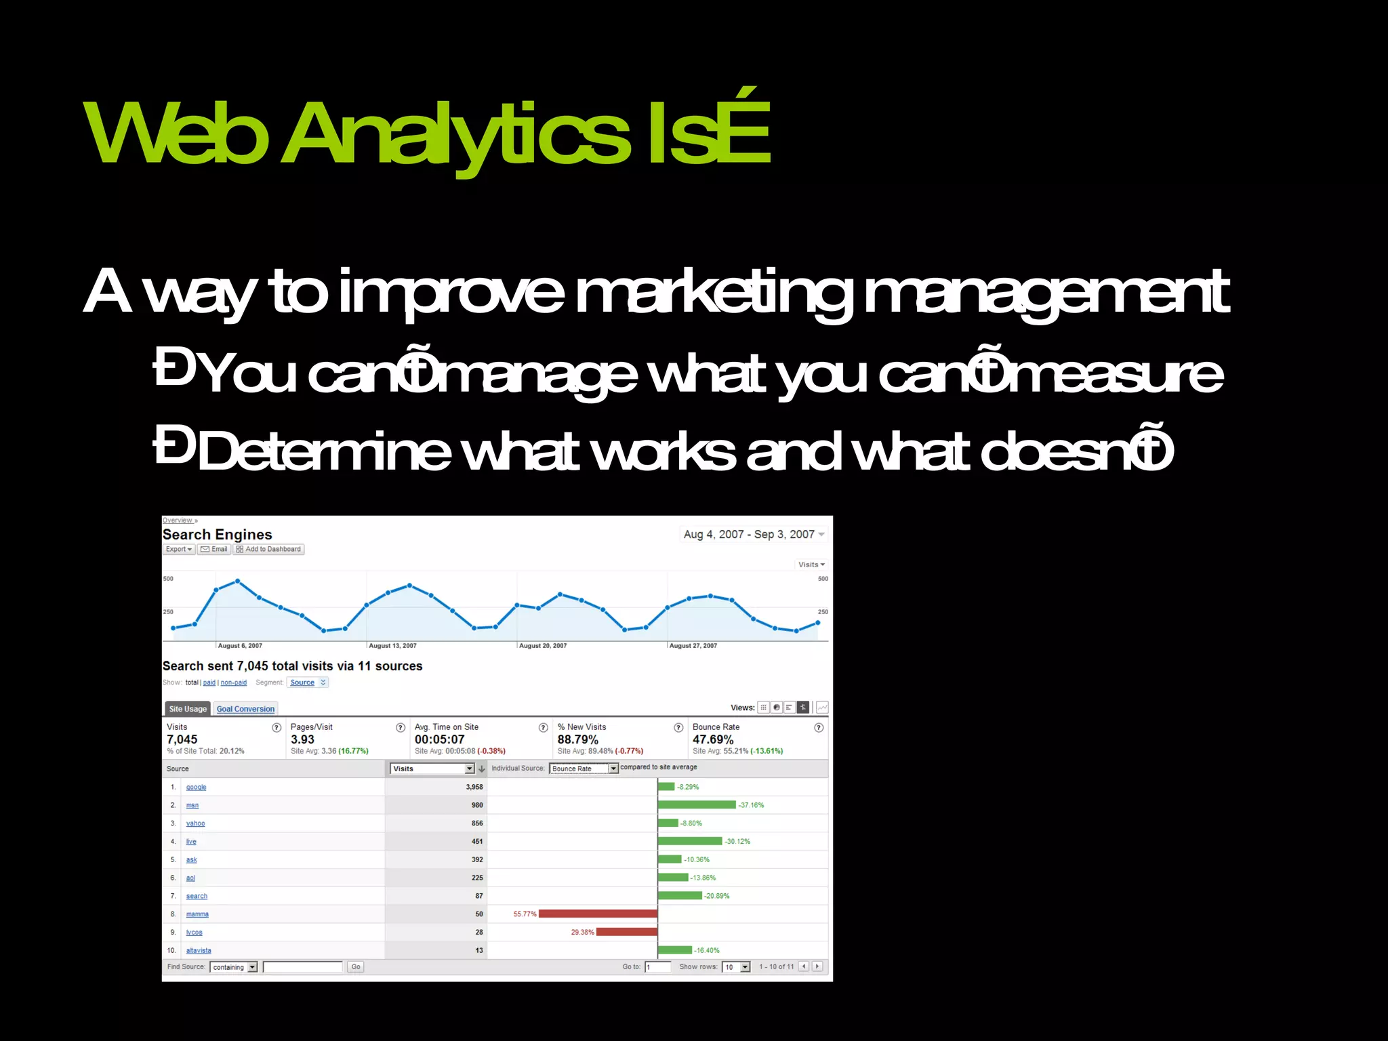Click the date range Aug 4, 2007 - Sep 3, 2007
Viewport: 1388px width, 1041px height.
tap(749, 534)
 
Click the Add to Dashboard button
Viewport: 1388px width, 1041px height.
tap(268, 549)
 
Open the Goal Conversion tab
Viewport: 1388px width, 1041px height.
tap(245, 709)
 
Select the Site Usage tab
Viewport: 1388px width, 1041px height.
tap(188, 709)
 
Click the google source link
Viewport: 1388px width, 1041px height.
tap(196, 787)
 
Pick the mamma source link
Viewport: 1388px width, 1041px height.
tap(197, 914)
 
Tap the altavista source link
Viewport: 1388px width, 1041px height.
tap(199, 950)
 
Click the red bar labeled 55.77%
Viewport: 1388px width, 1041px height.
tap(598, 914)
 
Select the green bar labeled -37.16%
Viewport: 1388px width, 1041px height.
tap(697, 804)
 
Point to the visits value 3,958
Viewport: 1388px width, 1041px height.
tap(474, 787)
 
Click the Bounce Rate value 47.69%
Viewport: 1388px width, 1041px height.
tap(713, 739)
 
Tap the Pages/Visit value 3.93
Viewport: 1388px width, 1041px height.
tap(302, 739)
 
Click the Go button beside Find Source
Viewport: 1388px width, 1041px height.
tap(356, 966)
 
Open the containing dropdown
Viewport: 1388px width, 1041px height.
tap(234, 967)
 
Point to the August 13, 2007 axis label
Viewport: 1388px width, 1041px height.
tap(392, 646)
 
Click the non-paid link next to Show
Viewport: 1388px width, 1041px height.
tap(233, 682)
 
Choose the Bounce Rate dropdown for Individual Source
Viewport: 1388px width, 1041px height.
tap(584, 769)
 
